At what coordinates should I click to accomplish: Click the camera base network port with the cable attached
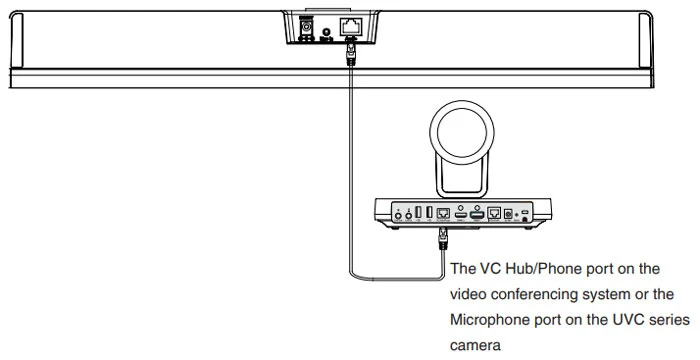pos(442,214)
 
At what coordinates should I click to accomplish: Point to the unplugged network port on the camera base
pos(493,214)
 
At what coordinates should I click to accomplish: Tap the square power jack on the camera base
pos(510,214)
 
